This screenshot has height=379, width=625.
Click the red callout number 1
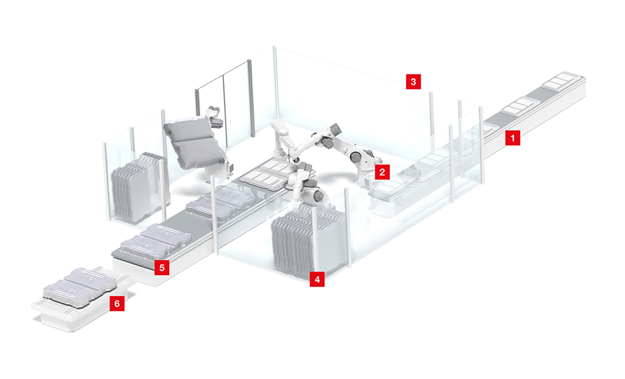coord(512,138)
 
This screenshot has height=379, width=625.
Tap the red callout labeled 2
coord(382,172)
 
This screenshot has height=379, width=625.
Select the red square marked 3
coord(413,82)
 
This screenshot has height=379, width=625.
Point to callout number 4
coord(317,279)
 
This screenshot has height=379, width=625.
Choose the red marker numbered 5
coord(162,268)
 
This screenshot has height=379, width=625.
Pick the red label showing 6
coord(117,304)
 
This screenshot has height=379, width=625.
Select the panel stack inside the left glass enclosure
coord(137,188)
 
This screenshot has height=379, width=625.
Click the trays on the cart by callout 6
coord(79,287)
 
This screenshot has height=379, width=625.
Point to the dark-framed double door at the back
coord(224,104)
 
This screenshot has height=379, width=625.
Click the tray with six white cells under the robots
coord(268,174)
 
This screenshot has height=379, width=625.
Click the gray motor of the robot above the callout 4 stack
coord(317,196)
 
